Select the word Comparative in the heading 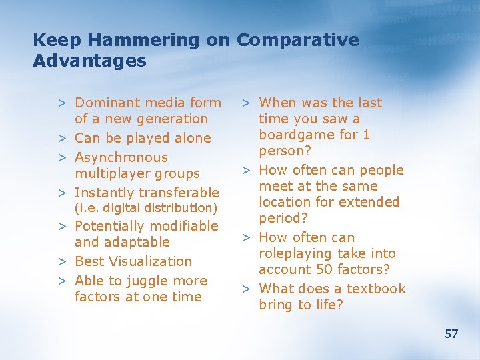point(297,40)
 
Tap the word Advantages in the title point(89,61)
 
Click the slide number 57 point(451,333)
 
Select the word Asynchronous point(121,157)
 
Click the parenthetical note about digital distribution point(146,209)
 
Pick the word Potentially point(109,227)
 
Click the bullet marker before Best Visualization point(61,261)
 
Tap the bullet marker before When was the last point(246,103)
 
